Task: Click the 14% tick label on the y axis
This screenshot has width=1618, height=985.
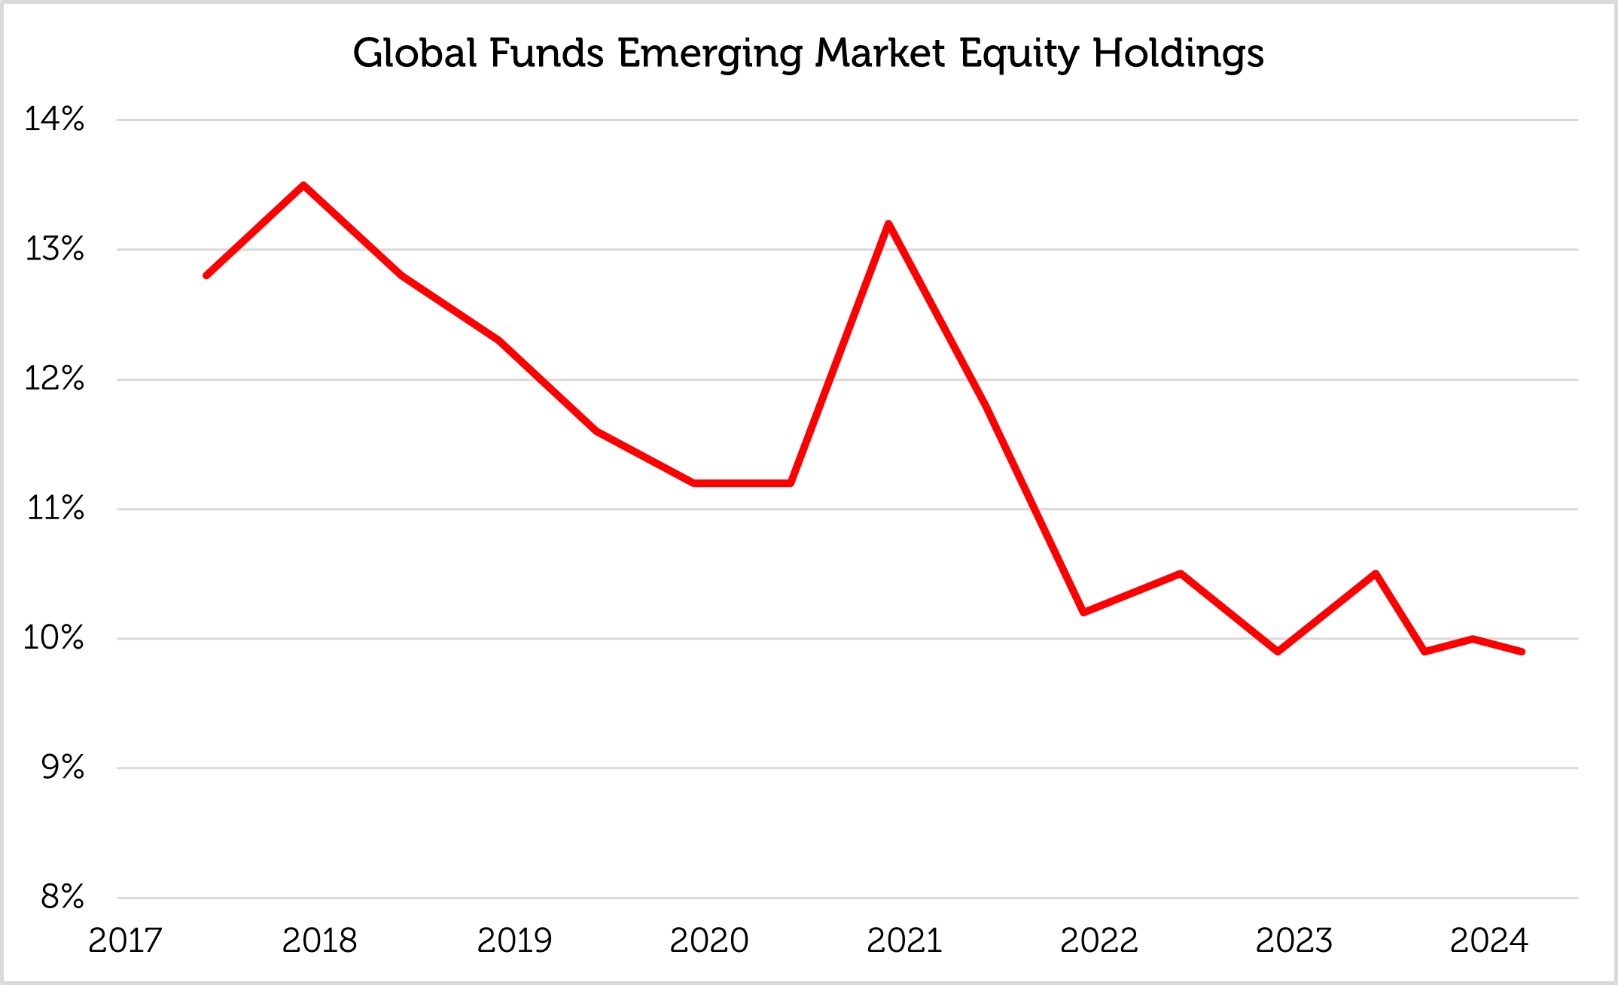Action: [54, 119]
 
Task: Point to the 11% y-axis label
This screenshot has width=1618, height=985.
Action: [56, 509]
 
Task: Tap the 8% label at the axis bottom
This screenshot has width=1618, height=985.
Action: [62, 897]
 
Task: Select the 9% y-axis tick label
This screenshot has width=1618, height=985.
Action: [62, 768]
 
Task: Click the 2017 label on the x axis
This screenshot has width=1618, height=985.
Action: [125, 941]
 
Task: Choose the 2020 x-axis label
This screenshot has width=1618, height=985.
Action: [709, 941]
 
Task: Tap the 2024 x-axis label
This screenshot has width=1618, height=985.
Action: [1489, 941]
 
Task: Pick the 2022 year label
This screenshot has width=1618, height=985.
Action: [1099, 941]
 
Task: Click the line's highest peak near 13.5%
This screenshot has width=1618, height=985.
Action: [303, 185]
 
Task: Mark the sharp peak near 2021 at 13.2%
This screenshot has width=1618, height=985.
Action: [888, 223]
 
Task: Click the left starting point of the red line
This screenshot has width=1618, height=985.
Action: [206, 275]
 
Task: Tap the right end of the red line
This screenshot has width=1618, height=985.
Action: [1522, 652]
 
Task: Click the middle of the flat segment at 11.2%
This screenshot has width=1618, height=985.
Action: [742, 483]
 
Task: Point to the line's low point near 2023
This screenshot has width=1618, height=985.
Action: [1278, 651]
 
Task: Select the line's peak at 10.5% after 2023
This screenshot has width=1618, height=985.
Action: [1376, 573]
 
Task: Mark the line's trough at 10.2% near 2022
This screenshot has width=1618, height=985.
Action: [1083, 612]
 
